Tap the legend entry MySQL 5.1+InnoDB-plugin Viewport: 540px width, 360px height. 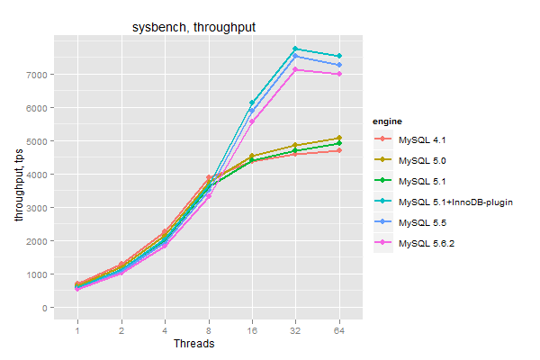454,202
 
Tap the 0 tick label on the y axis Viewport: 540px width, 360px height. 45,308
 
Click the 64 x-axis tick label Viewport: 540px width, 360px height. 338,329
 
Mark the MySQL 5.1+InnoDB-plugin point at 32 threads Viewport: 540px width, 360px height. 295,49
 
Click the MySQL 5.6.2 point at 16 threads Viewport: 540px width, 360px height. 252,121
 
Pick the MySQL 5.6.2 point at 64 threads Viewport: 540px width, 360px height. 338,74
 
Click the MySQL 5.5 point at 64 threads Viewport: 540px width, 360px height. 338,65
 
